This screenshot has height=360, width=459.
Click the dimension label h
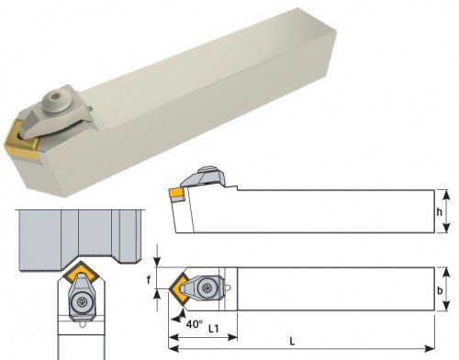click(440, 211)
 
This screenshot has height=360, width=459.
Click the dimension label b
click(440, 290)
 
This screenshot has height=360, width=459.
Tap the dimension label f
click(149, 279)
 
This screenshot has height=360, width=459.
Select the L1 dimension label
click(214, 329)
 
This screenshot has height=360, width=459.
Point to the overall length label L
click(292, 342)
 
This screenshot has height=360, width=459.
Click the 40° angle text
click(195, 324)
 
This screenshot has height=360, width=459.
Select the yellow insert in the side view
click(175, 194)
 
